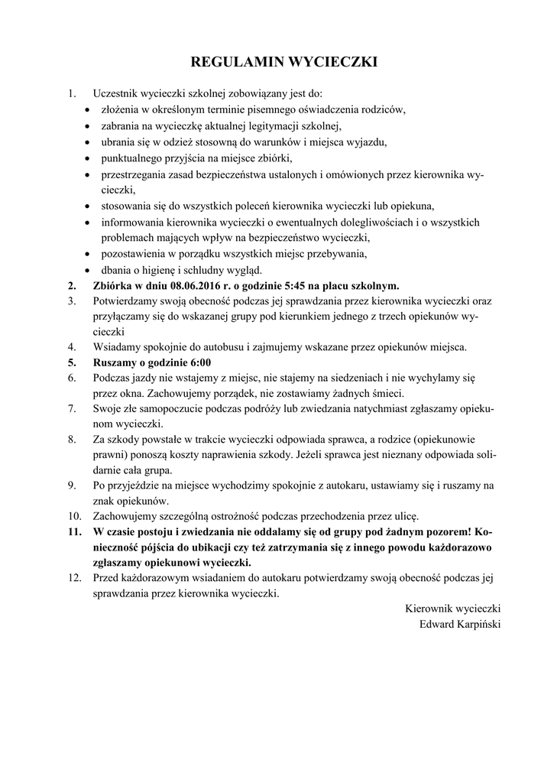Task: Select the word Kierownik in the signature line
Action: (x=429, y=608)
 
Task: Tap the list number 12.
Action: (x=74, y=577)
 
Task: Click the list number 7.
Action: (x=71, y=408)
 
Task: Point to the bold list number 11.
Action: (x=74, y=531)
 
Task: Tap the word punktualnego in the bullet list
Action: (x=133, y=158)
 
